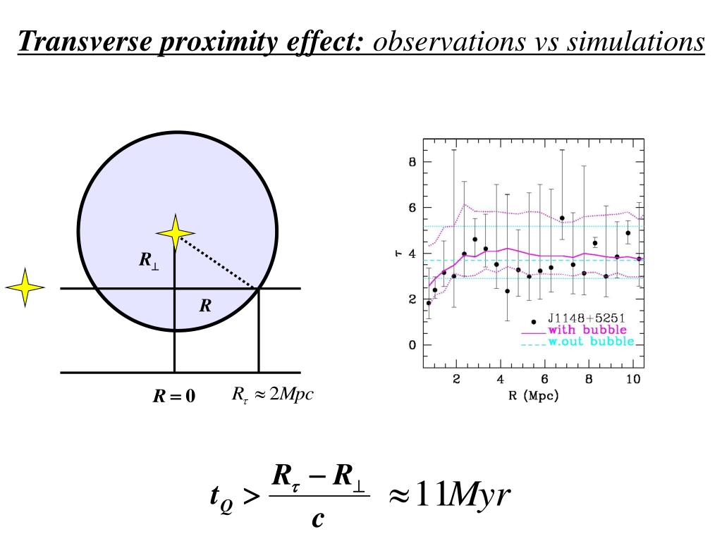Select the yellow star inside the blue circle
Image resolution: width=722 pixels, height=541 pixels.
click(x=175, y=233)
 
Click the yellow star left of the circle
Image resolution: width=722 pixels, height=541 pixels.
click(x=25, y=287)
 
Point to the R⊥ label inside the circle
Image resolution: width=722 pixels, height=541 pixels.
click(x=149, y=261)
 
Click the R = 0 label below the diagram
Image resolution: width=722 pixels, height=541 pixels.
click(x=174, y=397)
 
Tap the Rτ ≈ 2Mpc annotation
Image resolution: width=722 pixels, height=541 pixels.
click(x=272, y=394)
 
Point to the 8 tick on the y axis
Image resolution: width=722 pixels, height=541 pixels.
click(x=412, y=162)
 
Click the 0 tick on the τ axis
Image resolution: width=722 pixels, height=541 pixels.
click(x=412, y=345)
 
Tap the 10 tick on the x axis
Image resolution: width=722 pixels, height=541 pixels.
click(x=632, y=380)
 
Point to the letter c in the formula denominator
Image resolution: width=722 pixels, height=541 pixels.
click(x=318, y=519)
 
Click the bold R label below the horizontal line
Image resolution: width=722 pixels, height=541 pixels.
click(x=205, y=306)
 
